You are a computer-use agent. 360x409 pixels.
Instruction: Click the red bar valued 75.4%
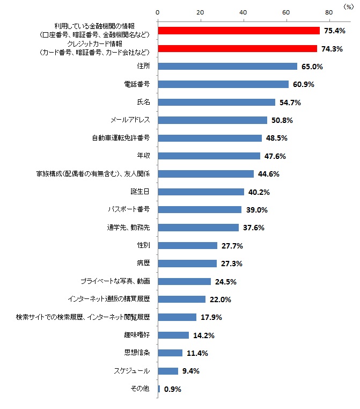[x=238, y=31]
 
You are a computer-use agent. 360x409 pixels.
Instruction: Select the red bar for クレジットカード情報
[x=237, y=48]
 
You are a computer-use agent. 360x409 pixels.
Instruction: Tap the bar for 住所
[x=227, y=67]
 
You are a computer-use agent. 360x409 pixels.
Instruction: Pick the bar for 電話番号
[x=223, y=84]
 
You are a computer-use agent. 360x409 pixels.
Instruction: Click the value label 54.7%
[x=290, y=102]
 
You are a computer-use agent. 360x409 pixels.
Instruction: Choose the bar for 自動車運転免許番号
[x=209, y=138]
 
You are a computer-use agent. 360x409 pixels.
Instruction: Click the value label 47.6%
[x=275, y=156]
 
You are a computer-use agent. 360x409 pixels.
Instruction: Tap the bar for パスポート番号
[x=199, y=209]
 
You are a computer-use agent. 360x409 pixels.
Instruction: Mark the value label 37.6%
[x=254, y=228]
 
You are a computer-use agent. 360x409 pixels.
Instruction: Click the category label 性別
[x=143, y=245]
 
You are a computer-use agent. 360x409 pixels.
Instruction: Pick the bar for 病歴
[x=187, y=264]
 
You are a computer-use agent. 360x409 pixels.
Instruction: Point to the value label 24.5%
[x=226, y=281]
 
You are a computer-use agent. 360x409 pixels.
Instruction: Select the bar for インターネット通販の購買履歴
[x=181, y=299]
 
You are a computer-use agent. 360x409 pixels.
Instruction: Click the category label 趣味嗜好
[x=136, y=335]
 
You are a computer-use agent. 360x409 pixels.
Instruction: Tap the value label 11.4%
[x=197, y=353]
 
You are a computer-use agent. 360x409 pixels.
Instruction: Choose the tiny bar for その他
[x=159, y=389]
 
